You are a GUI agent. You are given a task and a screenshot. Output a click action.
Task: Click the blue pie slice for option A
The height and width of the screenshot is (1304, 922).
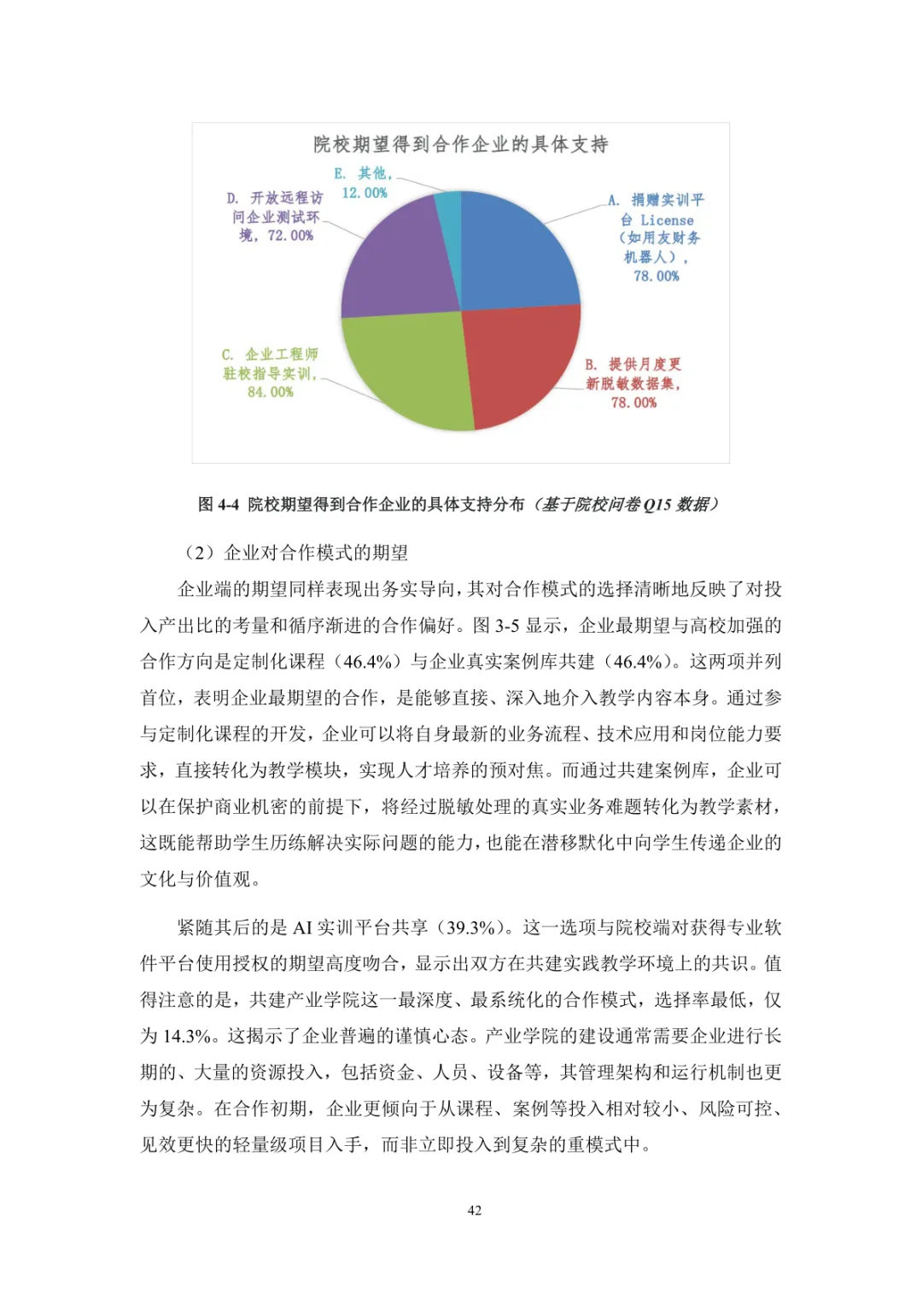[516, 252]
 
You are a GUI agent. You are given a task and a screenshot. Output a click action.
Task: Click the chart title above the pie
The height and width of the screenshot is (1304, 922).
[460, 144]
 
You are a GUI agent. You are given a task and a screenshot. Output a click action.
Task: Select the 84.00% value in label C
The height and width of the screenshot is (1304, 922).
[270, 392]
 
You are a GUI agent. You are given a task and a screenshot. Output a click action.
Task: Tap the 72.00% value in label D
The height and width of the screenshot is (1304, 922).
[290, 236]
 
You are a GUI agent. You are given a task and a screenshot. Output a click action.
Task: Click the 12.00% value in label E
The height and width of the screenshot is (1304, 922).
[365, 193]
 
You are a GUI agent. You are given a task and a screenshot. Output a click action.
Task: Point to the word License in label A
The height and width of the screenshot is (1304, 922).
[667, 220]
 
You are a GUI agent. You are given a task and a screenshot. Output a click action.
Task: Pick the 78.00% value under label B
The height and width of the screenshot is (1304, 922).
[633, 402]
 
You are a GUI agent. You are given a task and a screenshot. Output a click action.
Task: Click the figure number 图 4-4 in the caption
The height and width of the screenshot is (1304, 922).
[219, 505]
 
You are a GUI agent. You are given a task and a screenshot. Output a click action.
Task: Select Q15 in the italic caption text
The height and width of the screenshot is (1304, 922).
[656, 505]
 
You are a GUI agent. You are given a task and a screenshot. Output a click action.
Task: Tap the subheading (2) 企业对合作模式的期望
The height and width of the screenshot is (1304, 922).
[296, 553]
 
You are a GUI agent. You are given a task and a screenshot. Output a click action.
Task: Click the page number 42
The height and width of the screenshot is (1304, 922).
[475, 1210]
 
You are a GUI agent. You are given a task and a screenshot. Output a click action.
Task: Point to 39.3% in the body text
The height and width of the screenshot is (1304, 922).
[470, 927]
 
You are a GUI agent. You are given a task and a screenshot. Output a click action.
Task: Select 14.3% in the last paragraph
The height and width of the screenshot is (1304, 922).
[187, 1036]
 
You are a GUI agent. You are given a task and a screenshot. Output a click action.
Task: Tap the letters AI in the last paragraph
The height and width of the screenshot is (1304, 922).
[302, 927]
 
